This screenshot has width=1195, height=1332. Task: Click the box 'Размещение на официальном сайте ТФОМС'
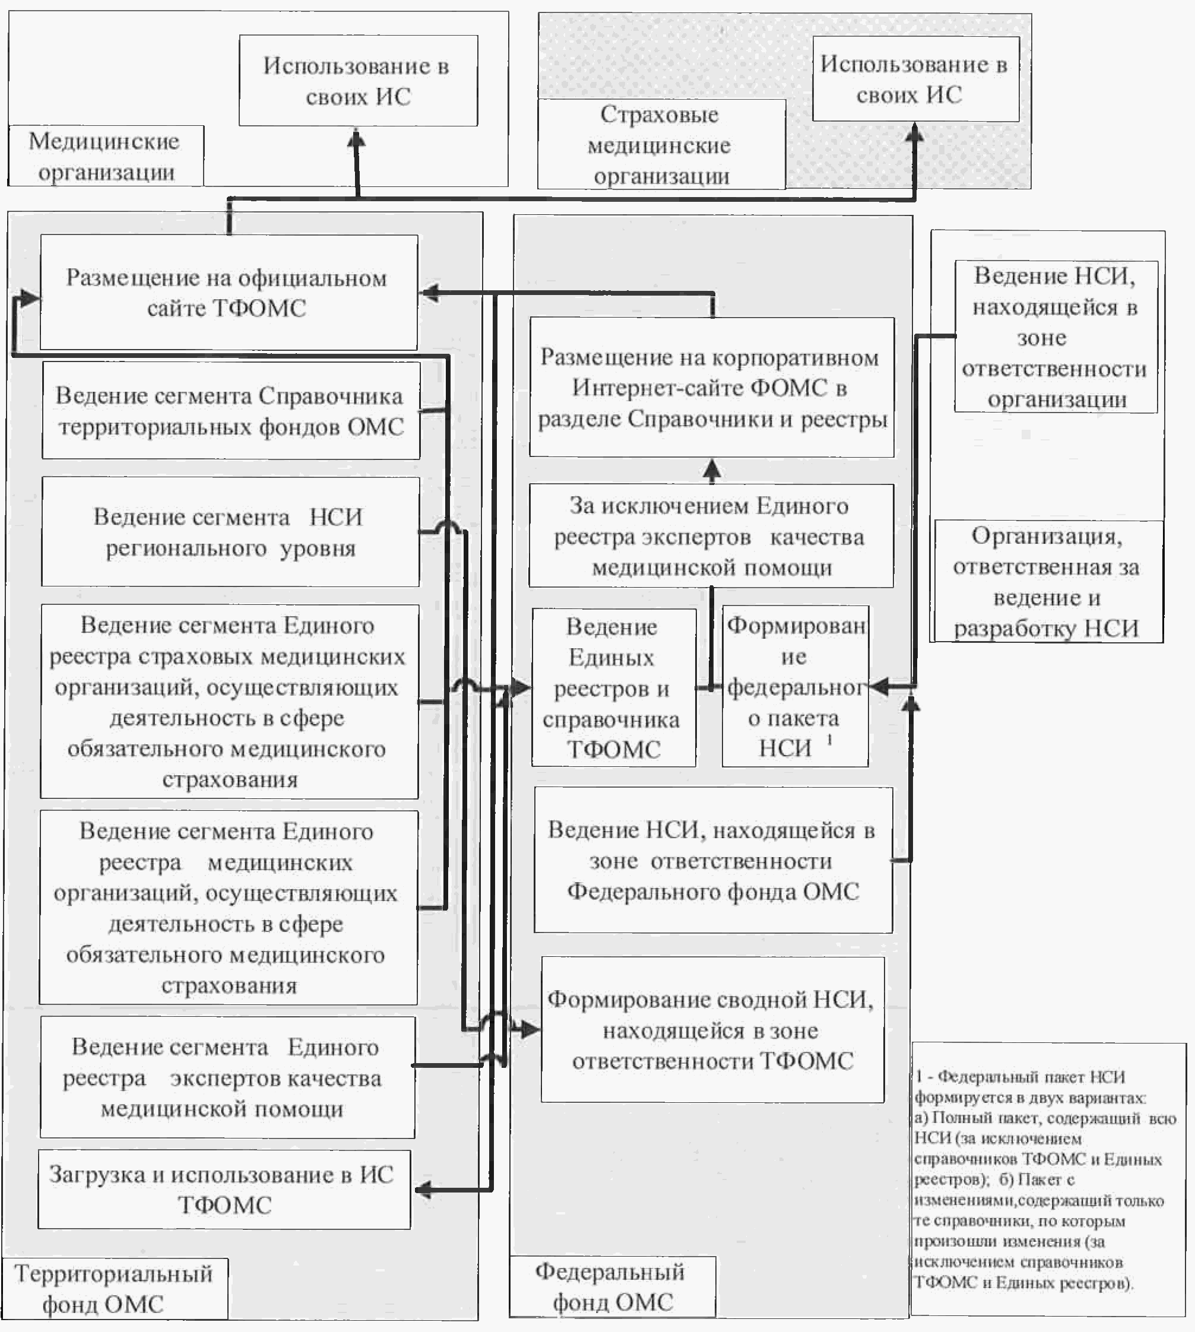coord(229,292)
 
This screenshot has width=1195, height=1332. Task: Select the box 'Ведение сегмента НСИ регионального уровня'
coord(230,532)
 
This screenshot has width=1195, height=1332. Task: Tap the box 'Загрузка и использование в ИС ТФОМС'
coord(224,1190)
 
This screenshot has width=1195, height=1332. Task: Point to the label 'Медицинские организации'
coord(106,156)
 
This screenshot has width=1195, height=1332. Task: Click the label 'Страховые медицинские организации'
coord(661,145)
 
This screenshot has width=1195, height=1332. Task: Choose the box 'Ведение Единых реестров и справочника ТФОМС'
coord(613,687)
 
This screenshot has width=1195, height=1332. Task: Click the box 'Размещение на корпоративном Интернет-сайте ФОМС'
coord(712,388)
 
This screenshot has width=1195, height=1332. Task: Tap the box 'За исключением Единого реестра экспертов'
coord(711,535)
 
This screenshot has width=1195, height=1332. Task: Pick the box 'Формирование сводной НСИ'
coord(712,1029)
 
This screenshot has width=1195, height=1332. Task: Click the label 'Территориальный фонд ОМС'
coord(114,1288)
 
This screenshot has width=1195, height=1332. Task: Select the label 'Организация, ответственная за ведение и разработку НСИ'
coord(1047,582)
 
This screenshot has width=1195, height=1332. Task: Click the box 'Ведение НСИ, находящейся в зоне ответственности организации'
coord(1055,337)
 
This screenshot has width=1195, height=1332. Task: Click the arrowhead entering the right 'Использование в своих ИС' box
coord(915,134)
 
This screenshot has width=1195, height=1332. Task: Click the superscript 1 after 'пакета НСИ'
coord(830,740)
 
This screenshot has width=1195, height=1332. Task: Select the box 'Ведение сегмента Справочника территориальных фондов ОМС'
coord(230,411)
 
